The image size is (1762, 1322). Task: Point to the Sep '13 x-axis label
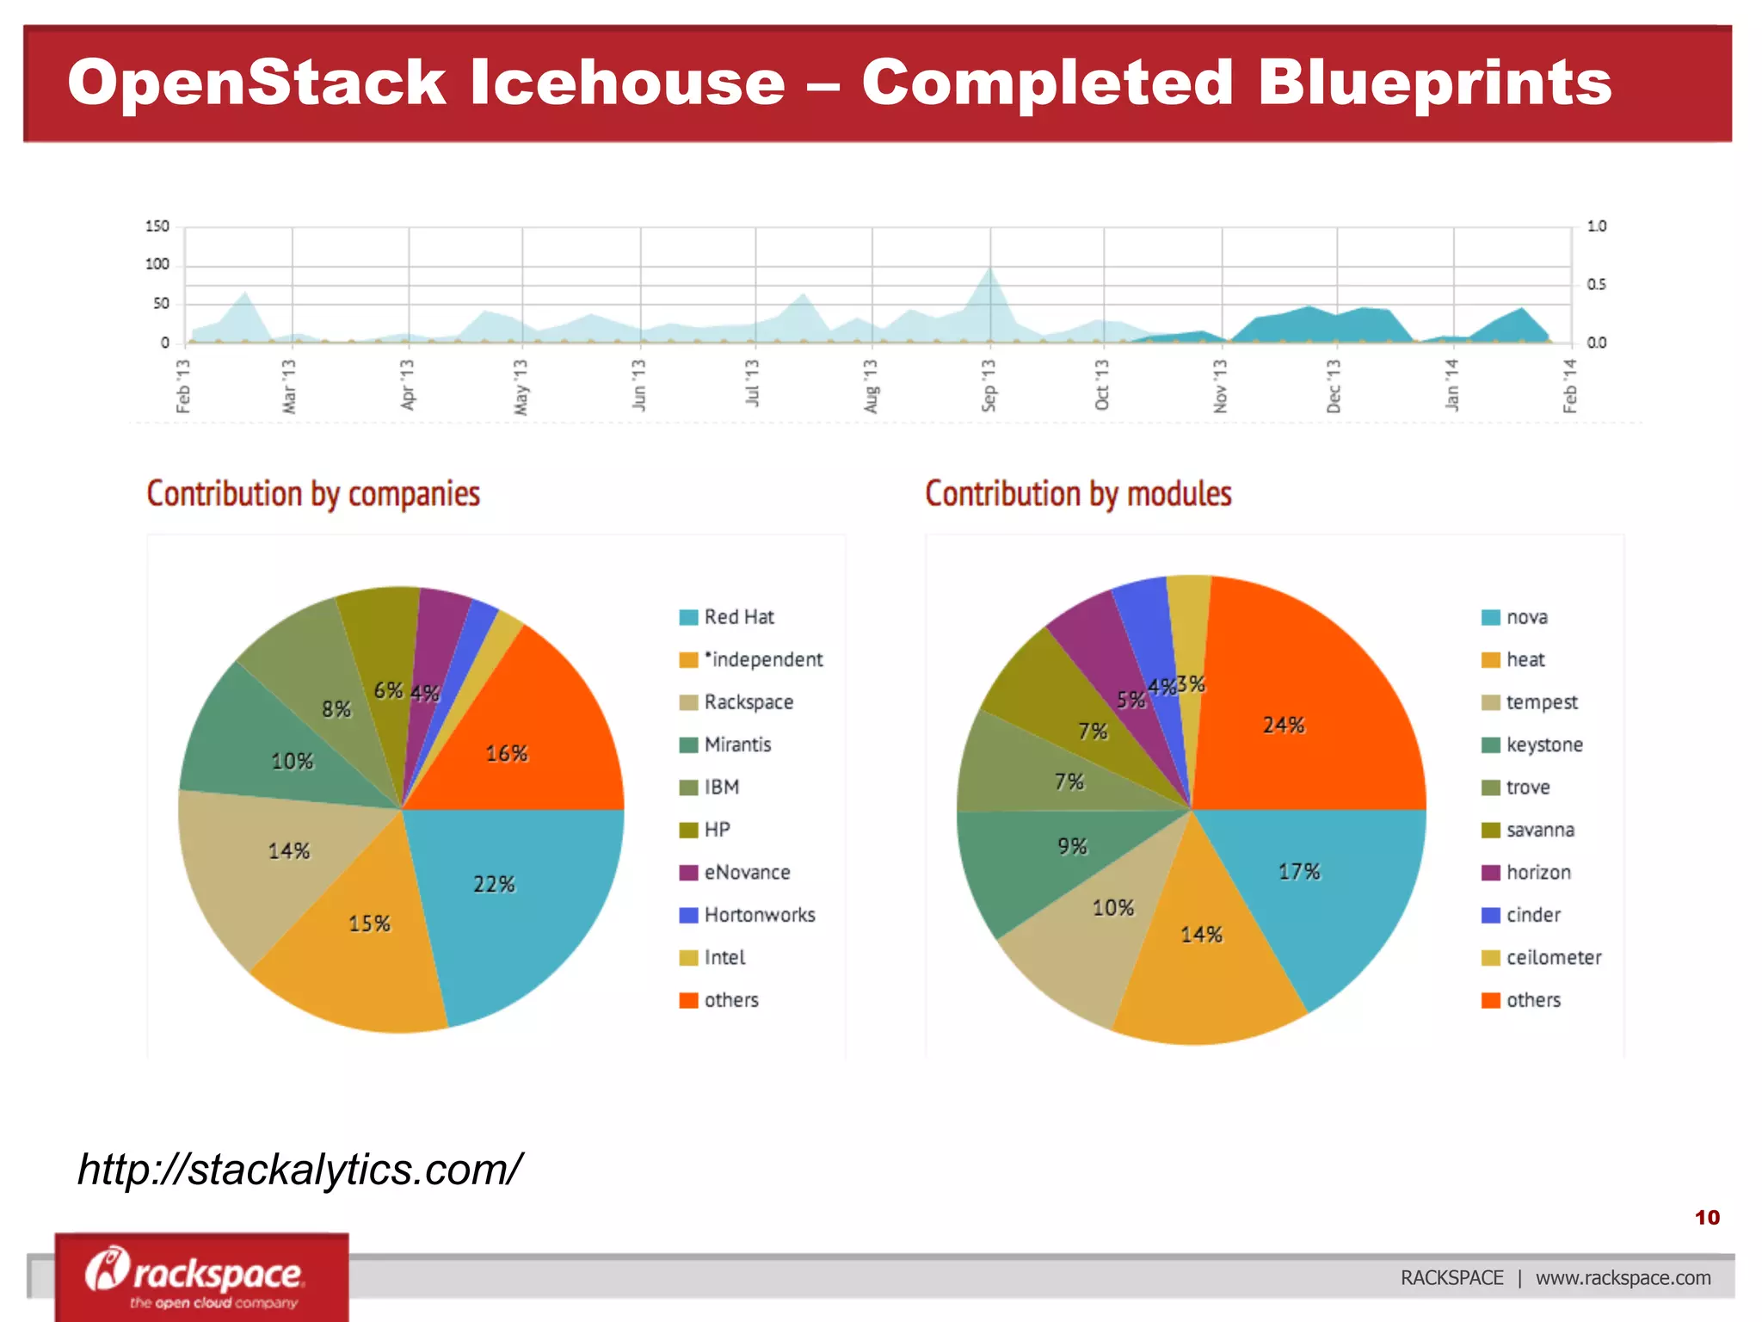989,386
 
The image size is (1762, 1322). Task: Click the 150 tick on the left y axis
157,226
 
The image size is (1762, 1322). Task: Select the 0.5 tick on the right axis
1596,284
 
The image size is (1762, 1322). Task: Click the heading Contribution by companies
313,494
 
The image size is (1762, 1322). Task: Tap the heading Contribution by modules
1078,494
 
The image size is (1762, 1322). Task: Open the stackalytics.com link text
299,1170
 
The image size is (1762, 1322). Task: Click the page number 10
1707,1217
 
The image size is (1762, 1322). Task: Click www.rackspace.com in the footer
1623,1278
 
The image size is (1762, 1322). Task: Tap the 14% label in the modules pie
1201,935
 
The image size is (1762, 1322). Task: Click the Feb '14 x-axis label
1570,386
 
